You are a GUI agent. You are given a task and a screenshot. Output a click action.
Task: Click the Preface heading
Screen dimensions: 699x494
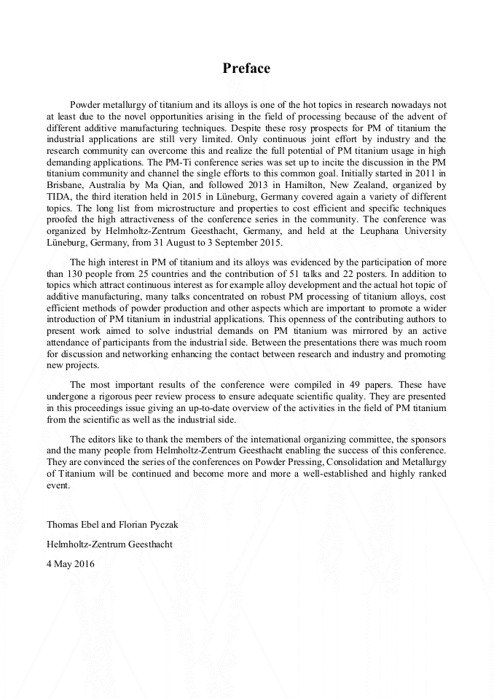click(246, 69)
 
